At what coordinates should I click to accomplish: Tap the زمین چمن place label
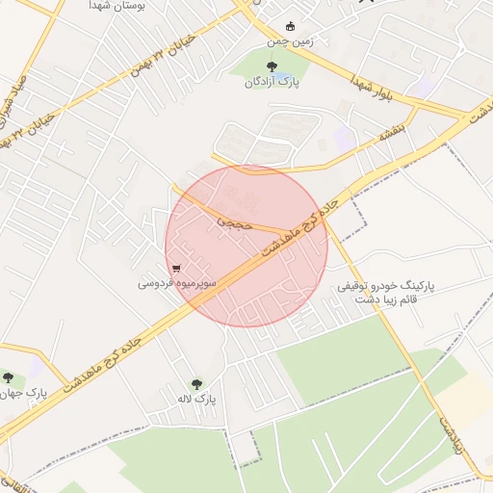(291, 41)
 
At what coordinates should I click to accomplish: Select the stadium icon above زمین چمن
(291, 26)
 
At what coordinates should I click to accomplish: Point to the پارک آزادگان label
(270, 83)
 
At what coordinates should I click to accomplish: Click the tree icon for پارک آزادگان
(271, 66)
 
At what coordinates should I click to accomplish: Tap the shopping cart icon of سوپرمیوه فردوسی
(175, 269)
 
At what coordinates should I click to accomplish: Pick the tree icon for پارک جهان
(9, 378)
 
